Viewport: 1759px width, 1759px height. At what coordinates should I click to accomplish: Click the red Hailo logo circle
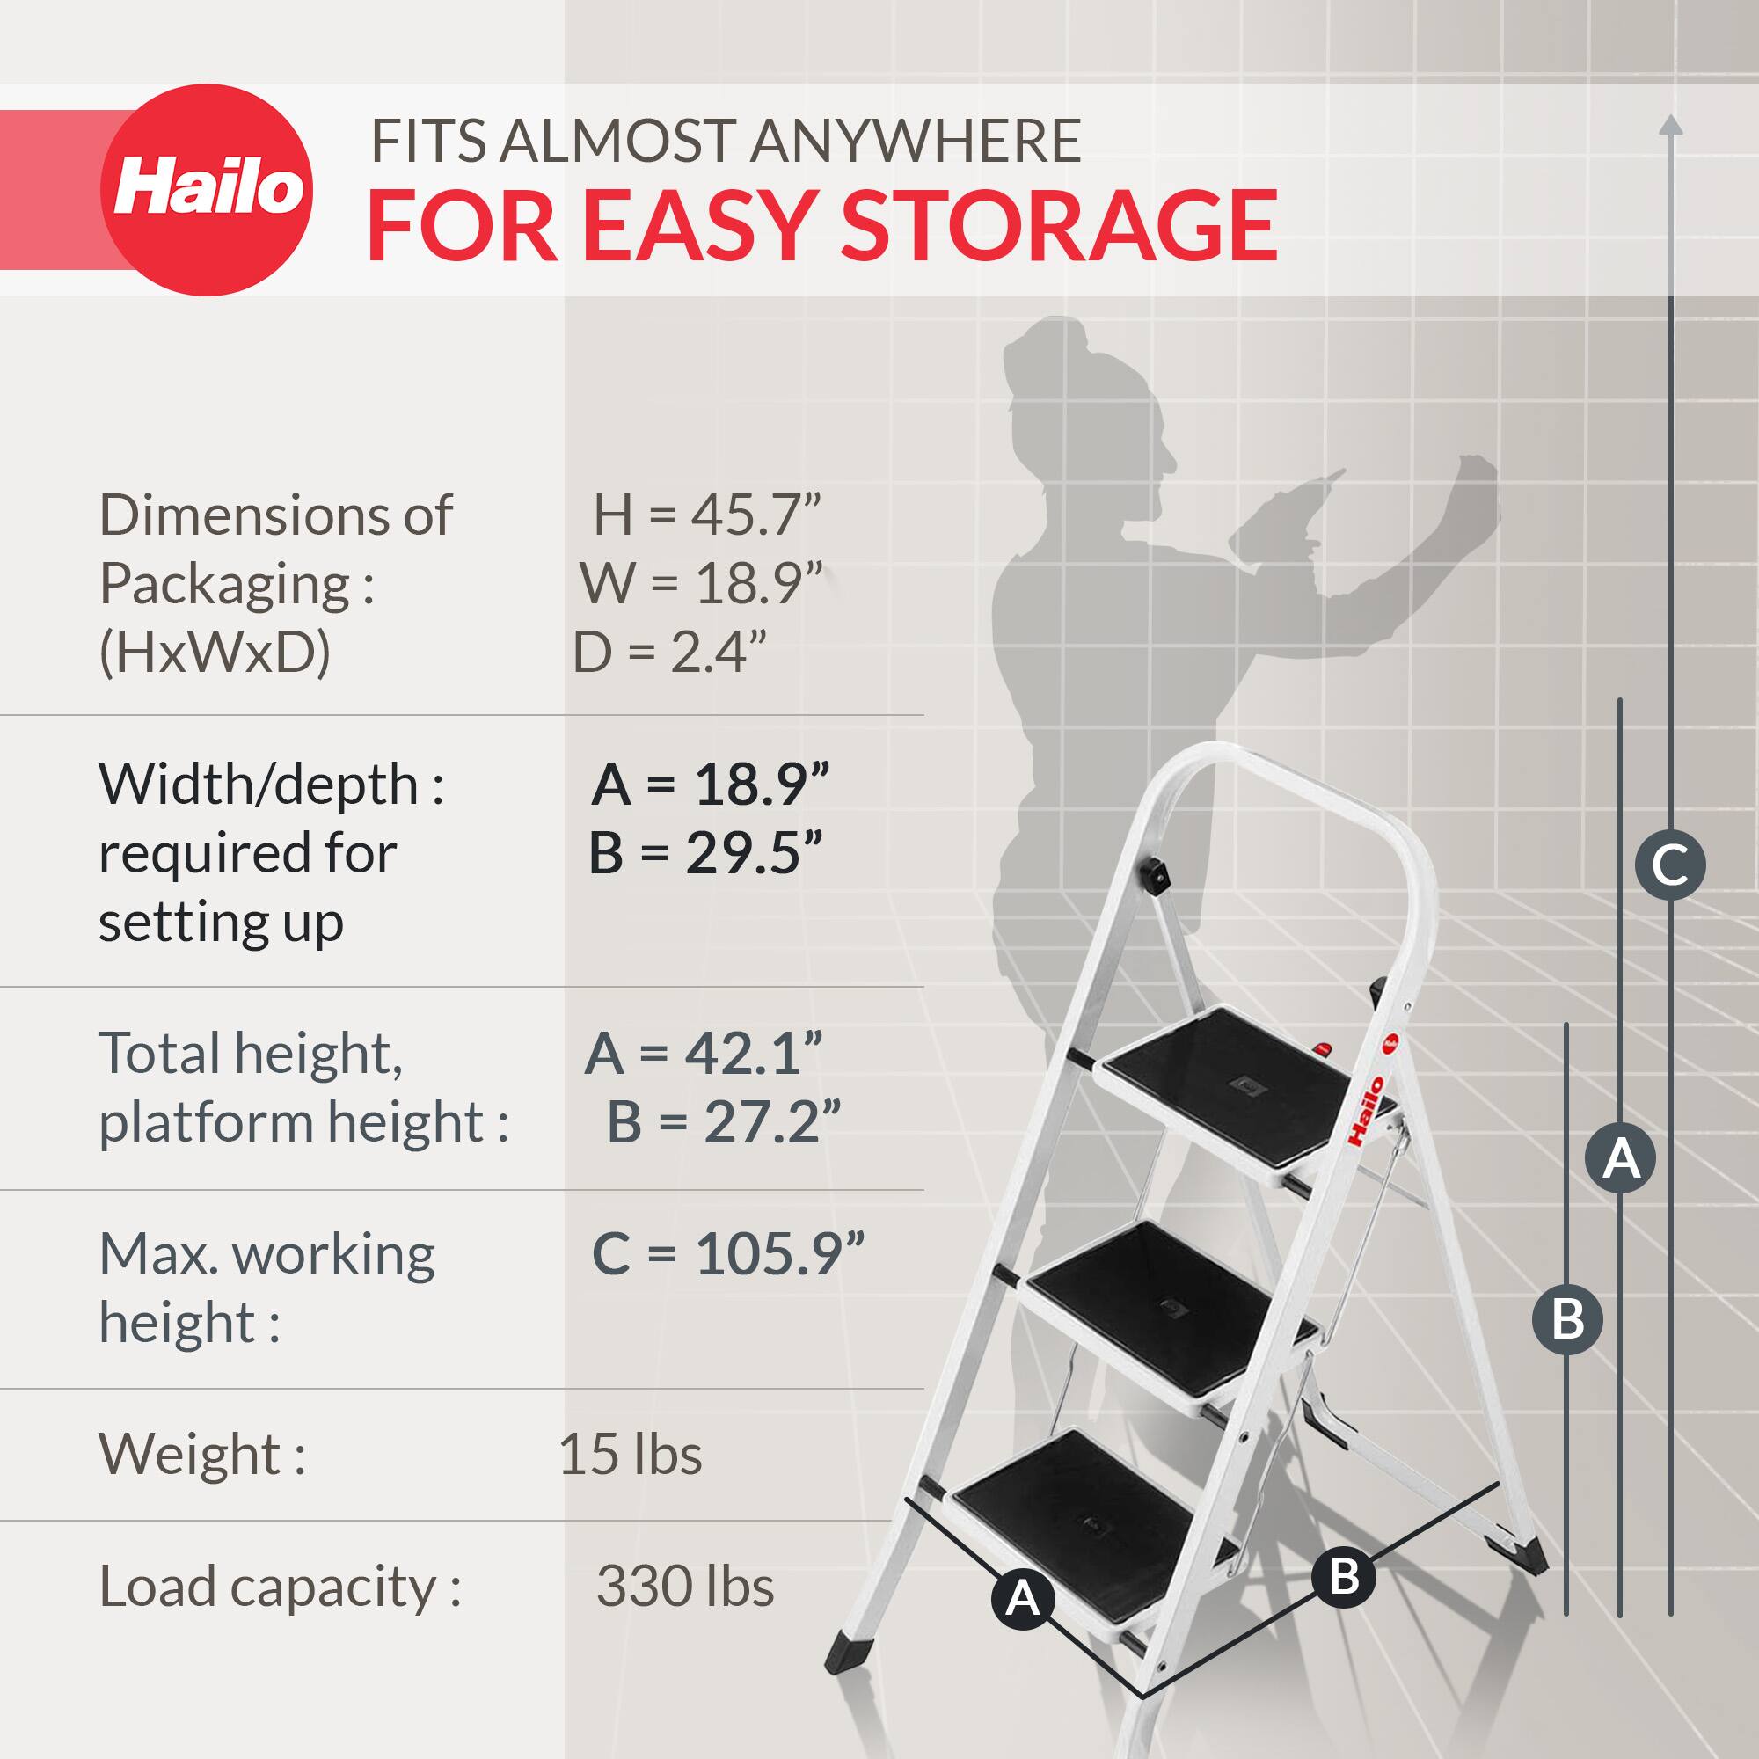pyautogui.click(x=207, y=189)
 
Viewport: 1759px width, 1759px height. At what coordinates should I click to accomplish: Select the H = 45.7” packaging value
pyautogui.click(x=706, y=515)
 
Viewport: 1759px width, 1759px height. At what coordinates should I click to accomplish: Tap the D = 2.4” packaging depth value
pyautogui.click(x=669, y=652)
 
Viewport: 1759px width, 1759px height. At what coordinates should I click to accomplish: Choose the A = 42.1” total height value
pyautogui.click(x=703, y=1054)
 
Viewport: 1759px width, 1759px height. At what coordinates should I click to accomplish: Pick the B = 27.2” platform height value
pyautogui.click(x=723, y=1121)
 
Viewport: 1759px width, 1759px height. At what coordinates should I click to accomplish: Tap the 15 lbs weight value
pyautogui.click(x=630, y=1454)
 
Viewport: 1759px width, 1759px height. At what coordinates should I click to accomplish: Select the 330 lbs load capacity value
pyautogui.click(x=684, y=1586)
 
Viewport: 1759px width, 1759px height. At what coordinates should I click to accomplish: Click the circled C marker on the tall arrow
pyautogui.click(x=1670, y=864)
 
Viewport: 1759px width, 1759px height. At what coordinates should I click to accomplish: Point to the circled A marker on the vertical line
pyautogui.click(x=1620, y=1159)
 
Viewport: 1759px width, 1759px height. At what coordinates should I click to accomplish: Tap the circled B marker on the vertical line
pyautogui.click(x=1567, y=1319)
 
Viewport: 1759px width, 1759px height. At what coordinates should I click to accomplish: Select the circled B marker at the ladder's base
pyautogui.click(x=1344, y=1576)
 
